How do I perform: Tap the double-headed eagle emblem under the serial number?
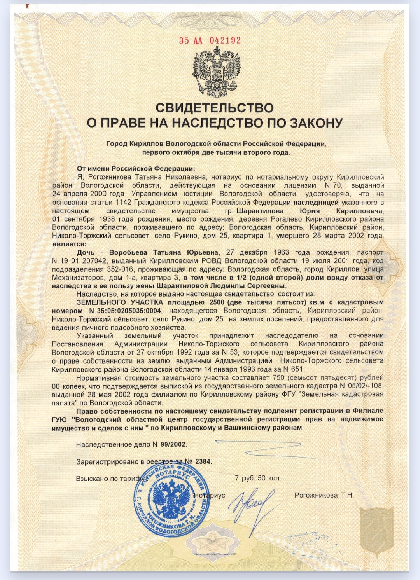(217, 72)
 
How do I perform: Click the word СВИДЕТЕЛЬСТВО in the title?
(215, 108)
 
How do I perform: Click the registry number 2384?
(203, 461)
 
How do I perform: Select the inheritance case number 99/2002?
(173, 444)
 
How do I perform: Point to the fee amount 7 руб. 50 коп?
(257, 478)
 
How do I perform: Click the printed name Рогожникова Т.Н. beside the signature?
(324, 495)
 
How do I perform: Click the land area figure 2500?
(217, 302)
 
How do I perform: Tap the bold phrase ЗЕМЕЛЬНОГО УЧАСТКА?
(121, 302)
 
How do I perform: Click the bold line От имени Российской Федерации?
(136, 169)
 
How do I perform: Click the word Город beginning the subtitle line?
(117, 144)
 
